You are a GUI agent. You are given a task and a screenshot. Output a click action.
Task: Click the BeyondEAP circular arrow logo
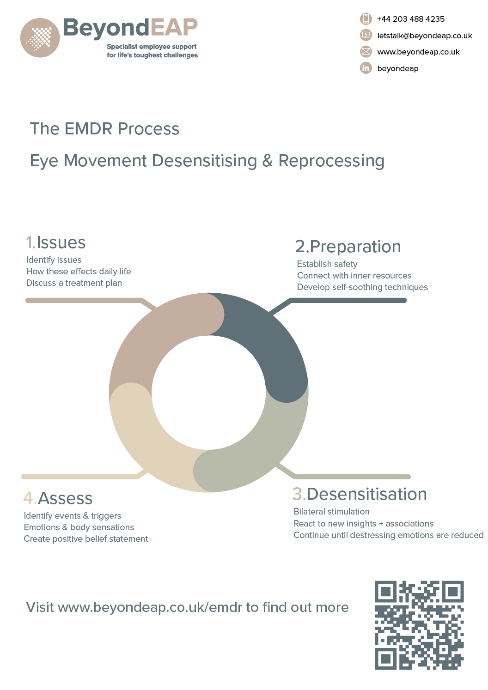pyautogui.click(x=40, y=38)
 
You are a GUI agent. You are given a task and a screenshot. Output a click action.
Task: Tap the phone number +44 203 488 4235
pyautogui.click(x=410, y=19)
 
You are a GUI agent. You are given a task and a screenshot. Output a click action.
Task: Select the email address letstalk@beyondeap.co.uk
pyautogui.click(x=424, y=36)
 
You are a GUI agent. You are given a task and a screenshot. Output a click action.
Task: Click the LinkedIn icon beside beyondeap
pyautogui.click(x=366, y=68)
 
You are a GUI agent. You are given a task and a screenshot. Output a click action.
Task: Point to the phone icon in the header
pyautogui.click(x=366, y=19)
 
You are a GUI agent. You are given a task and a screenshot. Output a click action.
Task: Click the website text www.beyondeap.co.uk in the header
pyautogui.click(x=418, y=52)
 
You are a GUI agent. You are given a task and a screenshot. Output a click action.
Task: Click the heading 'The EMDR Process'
pyautogui.click(x=104, y=129)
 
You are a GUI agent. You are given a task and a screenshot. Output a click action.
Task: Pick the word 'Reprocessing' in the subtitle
pyautogui.click(x=331, y=161)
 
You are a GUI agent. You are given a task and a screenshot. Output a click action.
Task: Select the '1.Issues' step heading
pyautogui.click(x=56, y=242)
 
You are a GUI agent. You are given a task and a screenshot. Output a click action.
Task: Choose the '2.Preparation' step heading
pyautogui.click(x=348, y=247)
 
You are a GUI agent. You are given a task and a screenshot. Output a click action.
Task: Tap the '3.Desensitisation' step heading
pyautogui.click(x=360, y=494)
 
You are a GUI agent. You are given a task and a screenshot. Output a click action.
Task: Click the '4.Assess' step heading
pyautogui.click(x=58, y=498)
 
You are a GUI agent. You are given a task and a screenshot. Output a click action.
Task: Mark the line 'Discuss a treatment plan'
pyautogui.click(x=74, y=283)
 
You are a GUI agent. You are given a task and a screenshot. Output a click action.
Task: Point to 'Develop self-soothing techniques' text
pyautogui.click(x=362, y=287)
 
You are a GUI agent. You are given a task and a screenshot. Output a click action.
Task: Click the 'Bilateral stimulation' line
pyautogui.click(x=331, y=512)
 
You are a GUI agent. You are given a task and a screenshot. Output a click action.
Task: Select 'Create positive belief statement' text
pyautogui.click(x=86, y=539)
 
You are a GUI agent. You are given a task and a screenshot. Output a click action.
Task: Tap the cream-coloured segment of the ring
pyautogui.click(x=148, y=443)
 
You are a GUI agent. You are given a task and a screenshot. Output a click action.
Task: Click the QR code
pyautogui.click(x=419, y=625)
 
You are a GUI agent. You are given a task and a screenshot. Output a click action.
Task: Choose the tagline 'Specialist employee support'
pyautogui.click(x=152, y=47)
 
